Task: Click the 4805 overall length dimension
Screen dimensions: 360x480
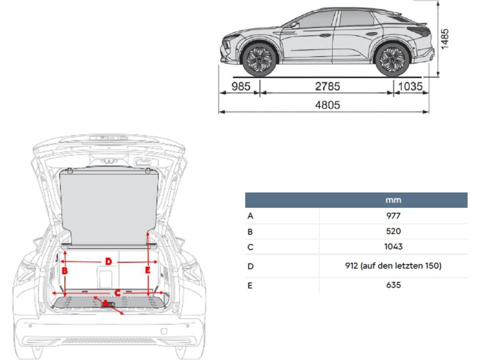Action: tap(327, 105)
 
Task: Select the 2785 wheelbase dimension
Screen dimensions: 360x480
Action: tap(327, 86)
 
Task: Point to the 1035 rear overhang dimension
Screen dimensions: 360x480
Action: tap(410, 86)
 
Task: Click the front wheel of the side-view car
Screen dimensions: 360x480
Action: tap(259, 60)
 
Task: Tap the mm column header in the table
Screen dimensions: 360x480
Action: tap(393, 200)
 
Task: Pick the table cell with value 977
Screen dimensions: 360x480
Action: tap(393, 216)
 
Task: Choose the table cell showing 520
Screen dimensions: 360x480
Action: tap(393, 231)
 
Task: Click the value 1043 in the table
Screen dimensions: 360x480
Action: tap(393, 247)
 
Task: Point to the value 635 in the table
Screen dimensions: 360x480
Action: tap(393, 285)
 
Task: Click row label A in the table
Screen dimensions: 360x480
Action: tap(250, 216)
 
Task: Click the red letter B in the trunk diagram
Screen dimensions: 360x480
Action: tap(65, 271)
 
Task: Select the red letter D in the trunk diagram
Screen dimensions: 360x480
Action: tap(108, 262)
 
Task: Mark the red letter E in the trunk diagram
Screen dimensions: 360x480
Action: tap(148, 270)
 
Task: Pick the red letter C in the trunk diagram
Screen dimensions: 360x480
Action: tap(118, 293)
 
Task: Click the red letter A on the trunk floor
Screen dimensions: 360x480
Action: tap(105, 304)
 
